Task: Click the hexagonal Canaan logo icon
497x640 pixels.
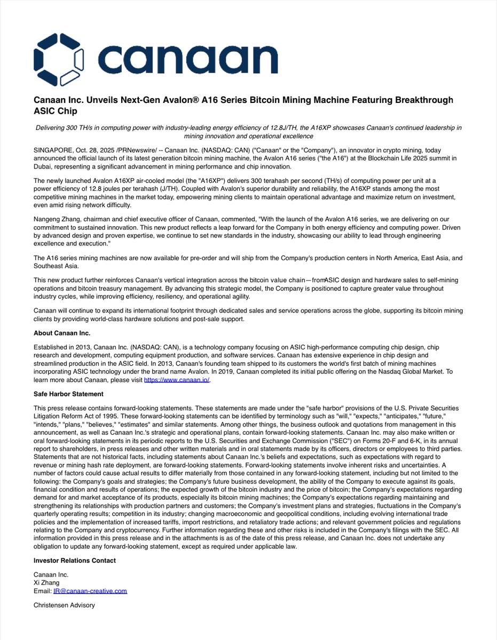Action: click(x=59, y=59)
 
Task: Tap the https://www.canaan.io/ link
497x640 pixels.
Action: click(x=173, y=380)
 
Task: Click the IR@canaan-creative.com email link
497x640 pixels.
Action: click(x=90, y=591)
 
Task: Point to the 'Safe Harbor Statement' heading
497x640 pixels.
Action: click(x=68, y=394)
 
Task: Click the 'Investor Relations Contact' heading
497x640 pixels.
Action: click(x=75, y=561)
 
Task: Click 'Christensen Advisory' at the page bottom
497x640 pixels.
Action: click(x=64, y=605)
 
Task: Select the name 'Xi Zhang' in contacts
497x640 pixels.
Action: click(x=47, y=583)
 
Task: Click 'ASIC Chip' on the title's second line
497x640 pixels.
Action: click(x=55, y=111)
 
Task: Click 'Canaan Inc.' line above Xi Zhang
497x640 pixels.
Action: click(x=51, y=575)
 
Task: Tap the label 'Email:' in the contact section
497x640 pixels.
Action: click(x=43, y=591)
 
